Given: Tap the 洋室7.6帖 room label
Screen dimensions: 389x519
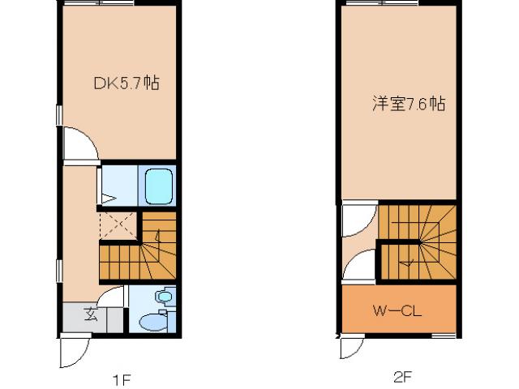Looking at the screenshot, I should [x=409, y=104].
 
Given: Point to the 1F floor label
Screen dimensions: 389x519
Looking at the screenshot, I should [x=121, y=378].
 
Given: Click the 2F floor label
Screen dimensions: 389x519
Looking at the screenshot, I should [x=403, y=377].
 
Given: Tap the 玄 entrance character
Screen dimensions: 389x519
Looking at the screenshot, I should [x=91, y=315].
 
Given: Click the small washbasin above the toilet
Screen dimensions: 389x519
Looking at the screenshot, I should [x=165, y=297].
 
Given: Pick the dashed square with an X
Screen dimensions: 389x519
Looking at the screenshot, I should [x=118, y=224].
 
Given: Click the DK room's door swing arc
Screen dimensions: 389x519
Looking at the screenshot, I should [x=79, y=143].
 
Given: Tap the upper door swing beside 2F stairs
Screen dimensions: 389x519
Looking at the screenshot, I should [x=356, y=220].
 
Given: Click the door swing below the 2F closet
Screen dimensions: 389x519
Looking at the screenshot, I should [x=351, y=347].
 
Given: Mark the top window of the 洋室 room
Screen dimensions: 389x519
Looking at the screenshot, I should [x=378, y=4].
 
